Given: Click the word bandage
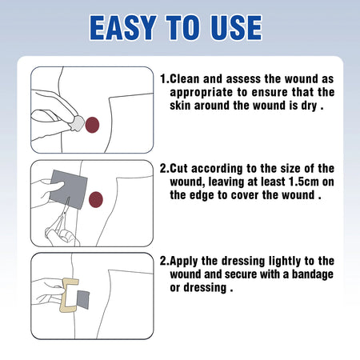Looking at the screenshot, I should click(308, 274).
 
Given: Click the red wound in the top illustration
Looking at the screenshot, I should click(92, 124).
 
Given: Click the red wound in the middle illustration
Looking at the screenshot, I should click(97, 197).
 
